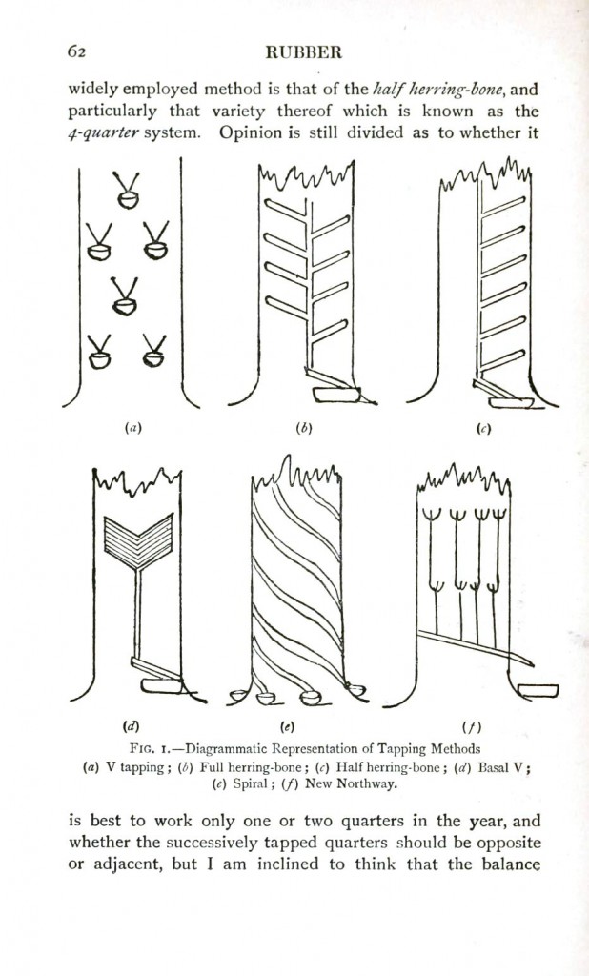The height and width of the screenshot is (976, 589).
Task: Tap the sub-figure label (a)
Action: tap(132, 429)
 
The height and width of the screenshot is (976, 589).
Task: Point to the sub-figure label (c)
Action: tap(483, 429)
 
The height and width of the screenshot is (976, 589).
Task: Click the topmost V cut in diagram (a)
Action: tap(125, 189)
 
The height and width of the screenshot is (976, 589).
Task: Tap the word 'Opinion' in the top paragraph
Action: tap(250, 132)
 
